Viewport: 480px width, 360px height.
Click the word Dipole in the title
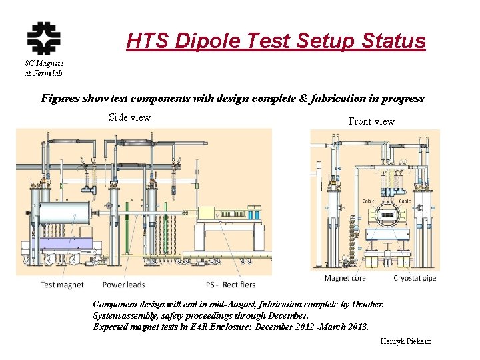click(x=207, y=41)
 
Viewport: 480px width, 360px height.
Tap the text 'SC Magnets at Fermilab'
click(x=43, y=68)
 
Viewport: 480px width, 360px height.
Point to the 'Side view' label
click(x=129, y=117)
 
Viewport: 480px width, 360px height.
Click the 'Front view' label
click(x=371, y=121)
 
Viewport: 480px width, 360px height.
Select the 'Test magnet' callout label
click(x=62, y=285)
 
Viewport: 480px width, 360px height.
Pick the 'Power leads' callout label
click(x=123, y=285)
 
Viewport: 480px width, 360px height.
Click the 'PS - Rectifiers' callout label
click(x=230, y=285)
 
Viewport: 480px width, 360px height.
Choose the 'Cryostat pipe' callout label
click(x=415, y=278)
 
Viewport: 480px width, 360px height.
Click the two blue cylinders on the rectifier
click(x=254, y=215)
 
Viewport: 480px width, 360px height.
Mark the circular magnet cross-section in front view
click(x=387, y=215)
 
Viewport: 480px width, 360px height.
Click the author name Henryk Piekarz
click(x=405, y=341)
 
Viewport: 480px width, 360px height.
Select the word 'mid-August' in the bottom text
click(x=237, y=304)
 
